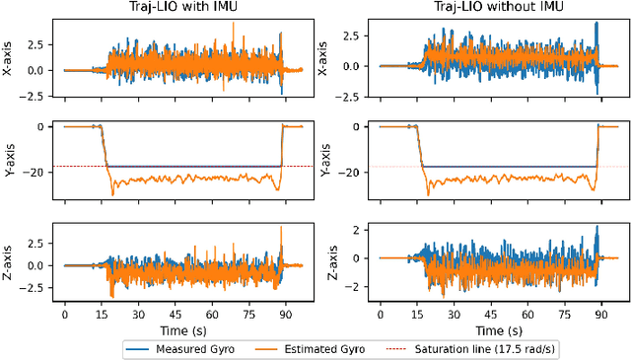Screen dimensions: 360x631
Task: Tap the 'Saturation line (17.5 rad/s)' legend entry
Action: (441, 347)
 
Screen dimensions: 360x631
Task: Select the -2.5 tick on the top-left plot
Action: (36, 95)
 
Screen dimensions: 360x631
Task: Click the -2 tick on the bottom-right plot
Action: (362, 286)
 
